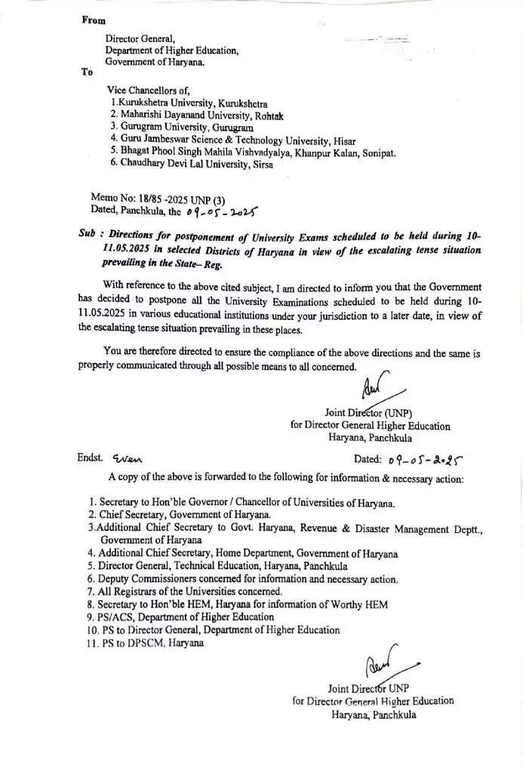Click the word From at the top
click(x=94, y=20)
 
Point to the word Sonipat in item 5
click(x=377, y=152)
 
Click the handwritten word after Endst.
click(x=127, y=458)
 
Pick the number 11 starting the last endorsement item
click(x=94, y=642)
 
